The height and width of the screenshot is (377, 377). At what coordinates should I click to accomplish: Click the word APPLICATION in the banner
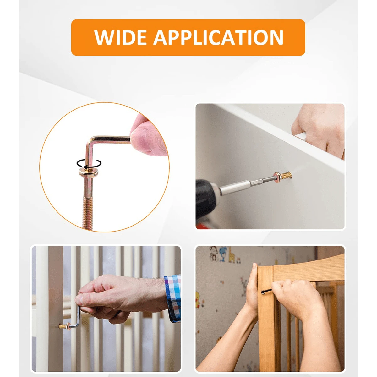[218, 38]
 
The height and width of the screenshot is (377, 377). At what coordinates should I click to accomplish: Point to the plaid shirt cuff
[172, 297]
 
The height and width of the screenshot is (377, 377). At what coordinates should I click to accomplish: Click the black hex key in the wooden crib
[267, 291]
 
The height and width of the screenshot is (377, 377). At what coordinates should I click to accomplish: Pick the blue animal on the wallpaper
[224, 253]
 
